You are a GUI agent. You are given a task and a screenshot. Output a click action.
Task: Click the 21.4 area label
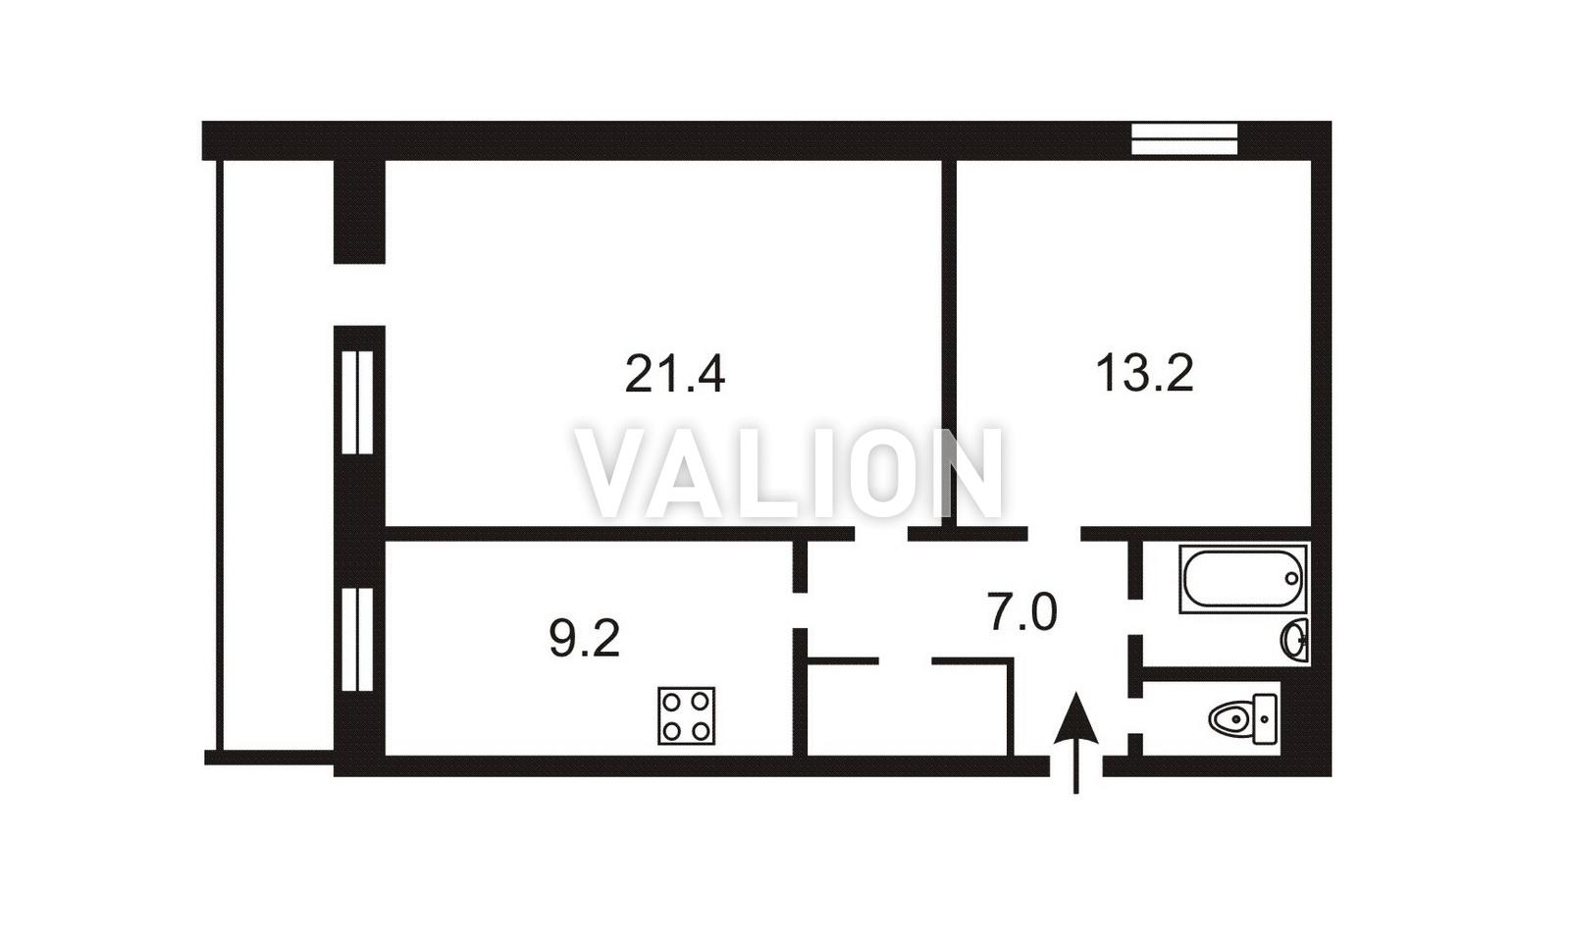pyautogui.click(x=674, y=374)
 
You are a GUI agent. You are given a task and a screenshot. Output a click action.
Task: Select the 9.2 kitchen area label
pyautogui.click(x=585, y=639)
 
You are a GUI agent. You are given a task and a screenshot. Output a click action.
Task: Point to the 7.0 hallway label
pyautogui.click(x=1021, y=611)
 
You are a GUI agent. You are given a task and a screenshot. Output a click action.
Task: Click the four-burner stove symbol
pyautogui.click(x=686, y=715)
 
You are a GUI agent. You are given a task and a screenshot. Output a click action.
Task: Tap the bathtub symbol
pyautogui.click(x=1242, y=578)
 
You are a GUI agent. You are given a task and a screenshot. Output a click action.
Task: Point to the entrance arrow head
pyautogui.click(x=1075, y=716)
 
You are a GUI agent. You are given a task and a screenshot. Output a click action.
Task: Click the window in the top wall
pyautogui.click(x=1184, y=139)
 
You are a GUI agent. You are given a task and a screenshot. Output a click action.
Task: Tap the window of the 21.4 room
pyautogui.click(x=357, y=402)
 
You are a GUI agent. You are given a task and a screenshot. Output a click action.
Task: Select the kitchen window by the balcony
pyautogui.click(x=357, y=639)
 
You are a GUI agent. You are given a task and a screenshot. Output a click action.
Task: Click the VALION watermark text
pyautogui.click(x=790, y=473)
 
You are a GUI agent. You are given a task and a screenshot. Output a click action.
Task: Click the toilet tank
pyautogui.click(x=1265, y=718)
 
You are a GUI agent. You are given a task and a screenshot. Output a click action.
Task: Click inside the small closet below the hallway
pyautogui.click(x=909, y=710)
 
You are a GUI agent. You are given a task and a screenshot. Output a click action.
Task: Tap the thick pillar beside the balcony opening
pyautogui.click(x=359, y=212)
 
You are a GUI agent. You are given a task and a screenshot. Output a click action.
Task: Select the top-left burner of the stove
pyautogui.click(x=671, y=701)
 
